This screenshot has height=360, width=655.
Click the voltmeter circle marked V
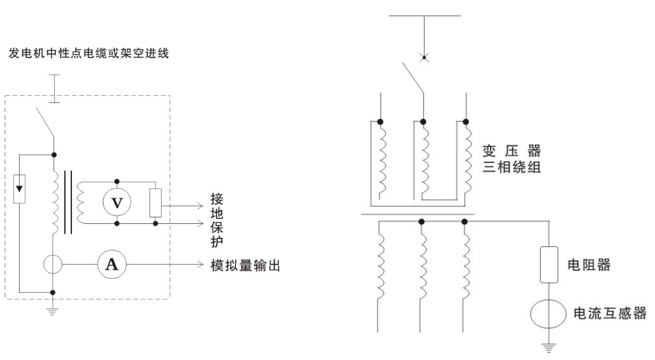tap(117, 202)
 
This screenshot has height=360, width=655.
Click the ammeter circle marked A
tap(112, 265)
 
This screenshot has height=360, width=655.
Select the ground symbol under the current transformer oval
tap(549, 343)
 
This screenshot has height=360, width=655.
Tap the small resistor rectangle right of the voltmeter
tap(156, 202)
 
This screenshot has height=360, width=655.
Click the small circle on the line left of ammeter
tap(53, 265)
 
